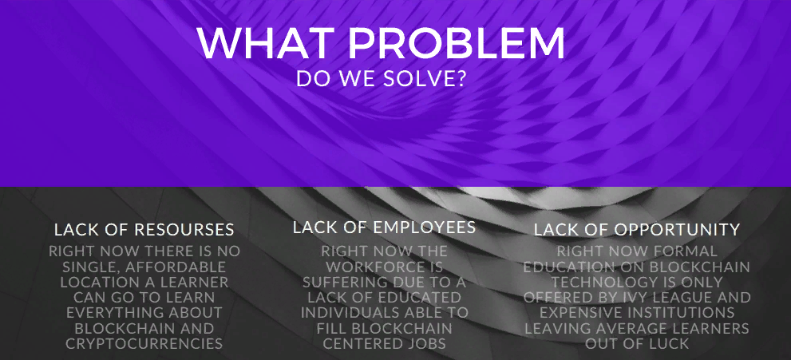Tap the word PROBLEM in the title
[x=457, y=43]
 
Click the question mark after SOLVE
[x=459, y=79]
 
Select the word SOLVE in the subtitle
[x=418, y=79]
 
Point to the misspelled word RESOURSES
[x=184, y=230]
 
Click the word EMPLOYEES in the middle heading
[x=425, y=227]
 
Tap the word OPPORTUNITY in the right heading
[x=677, y=230]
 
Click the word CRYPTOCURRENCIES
[x=144, y=344]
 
